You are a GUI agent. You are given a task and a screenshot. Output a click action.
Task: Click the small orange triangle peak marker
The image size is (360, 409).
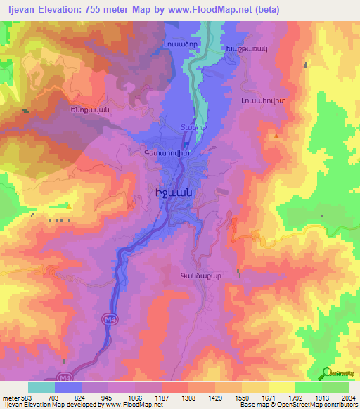point(276,135)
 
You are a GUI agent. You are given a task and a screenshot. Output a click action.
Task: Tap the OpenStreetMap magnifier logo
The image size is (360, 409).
point(326,374)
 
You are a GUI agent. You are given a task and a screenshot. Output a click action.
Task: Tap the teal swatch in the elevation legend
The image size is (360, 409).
point(41,387)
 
